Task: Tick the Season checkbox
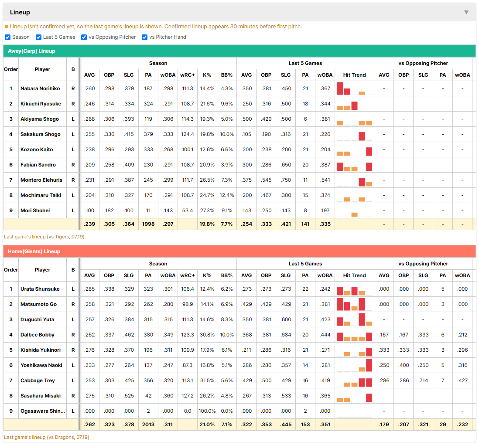8,37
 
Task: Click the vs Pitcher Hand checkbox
144,37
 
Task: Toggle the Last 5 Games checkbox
38,37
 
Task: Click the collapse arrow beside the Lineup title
466,12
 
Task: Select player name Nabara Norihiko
40,88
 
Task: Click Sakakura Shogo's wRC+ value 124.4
187,134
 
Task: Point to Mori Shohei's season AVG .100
89,211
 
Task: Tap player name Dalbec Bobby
37,335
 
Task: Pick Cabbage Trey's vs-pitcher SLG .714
423,380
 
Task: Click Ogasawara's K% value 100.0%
207,411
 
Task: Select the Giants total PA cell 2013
148,425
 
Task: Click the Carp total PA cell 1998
148,224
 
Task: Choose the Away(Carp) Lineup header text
31,51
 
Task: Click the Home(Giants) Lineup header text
34,251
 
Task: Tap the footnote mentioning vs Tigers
44,237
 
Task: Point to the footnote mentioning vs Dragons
46,437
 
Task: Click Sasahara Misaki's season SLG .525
129,396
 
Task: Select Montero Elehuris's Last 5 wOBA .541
325,180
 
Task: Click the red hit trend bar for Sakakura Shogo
362,136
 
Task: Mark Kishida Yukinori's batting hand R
73,350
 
